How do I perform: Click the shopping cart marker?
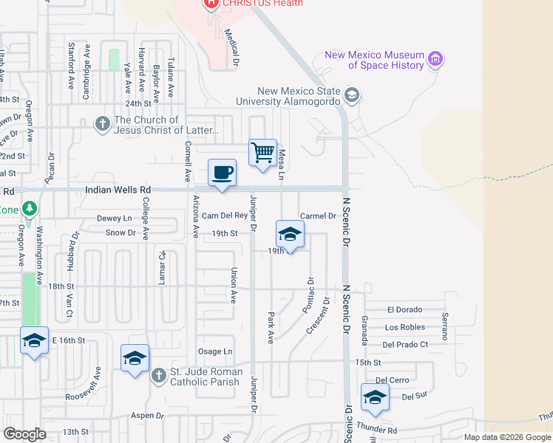point(263,154)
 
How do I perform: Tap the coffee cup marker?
point(222,174)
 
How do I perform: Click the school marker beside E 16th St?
point(34,341)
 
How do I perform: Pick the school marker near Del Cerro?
point(375,398)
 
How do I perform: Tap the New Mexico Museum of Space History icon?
point(435,59)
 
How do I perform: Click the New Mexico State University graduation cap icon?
point(351,95)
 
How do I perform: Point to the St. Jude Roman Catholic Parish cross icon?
point(158,376)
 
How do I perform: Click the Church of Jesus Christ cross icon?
point(103,125)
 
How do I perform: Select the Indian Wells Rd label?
point(113,190)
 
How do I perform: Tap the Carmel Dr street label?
point(319,216)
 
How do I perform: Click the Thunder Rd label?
point(376,430)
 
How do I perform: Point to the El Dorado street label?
point(404,310)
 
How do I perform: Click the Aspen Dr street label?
point(148,416)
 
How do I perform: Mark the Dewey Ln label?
point(114,219)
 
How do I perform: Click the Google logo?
point(25,434)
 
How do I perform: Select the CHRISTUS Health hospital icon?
point(211,3)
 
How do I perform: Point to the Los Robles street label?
point(404,327)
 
